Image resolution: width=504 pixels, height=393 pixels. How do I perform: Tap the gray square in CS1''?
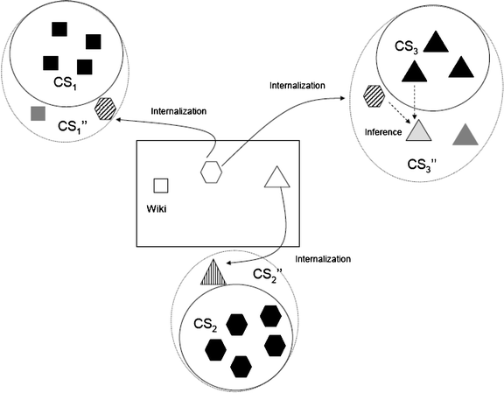pos(37,113)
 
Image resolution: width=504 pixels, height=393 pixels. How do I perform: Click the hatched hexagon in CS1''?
pos(105,109)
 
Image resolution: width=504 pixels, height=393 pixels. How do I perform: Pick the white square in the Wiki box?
pos(161,186)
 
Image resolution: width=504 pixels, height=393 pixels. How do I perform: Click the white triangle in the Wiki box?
pos(276,178)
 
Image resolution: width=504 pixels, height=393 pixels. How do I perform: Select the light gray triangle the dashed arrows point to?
pos(418,131)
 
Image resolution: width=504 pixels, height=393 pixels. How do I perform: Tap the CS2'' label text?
pos(265,276)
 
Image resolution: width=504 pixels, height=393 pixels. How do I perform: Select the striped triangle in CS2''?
pos(213,275)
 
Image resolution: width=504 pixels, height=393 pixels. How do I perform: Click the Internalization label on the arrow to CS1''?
pos(178,111)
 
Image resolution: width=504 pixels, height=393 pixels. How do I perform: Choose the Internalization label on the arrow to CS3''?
pos(297,85)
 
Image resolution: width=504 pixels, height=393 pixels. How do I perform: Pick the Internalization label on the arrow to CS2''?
pos(323,259)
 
